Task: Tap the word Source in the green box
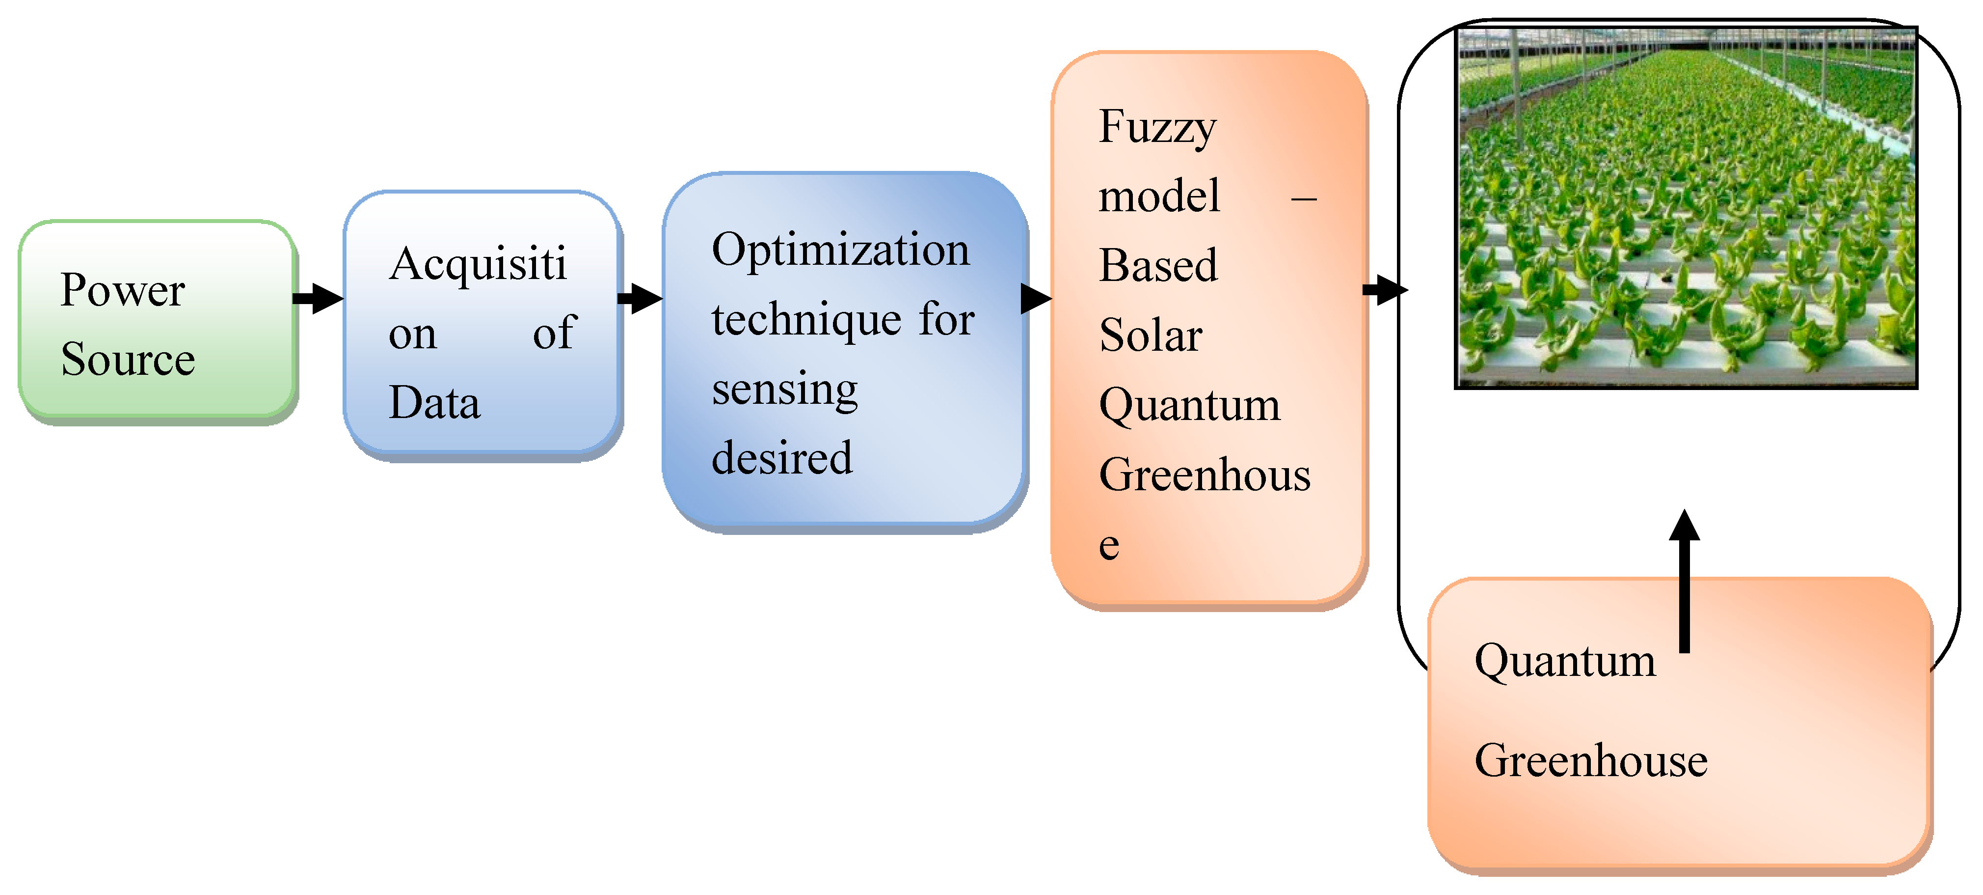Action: pyautogui.click(x=128, y=360)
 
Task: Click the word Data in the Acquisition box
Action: pyautogui.click(x=434, y=403)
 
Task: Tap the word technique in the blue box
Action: pyautogui.click(x=806, y=320)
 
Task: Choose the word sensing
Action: pyautogui.click(x=784, y=390)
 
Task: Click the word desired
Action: pyautogui.click(x=781, y=458)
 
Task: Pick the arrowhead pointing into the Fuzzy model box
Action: pyautogui.click(x=1036, y=298)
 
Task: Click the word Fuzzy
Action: pyautogui.click(x=1157, y=128)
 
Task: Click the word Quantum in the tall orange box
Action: pyautogui.click(x=1189, y=406)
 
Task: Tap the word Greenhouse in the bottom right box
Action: pyautogui.click(x=1590, y=761)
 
